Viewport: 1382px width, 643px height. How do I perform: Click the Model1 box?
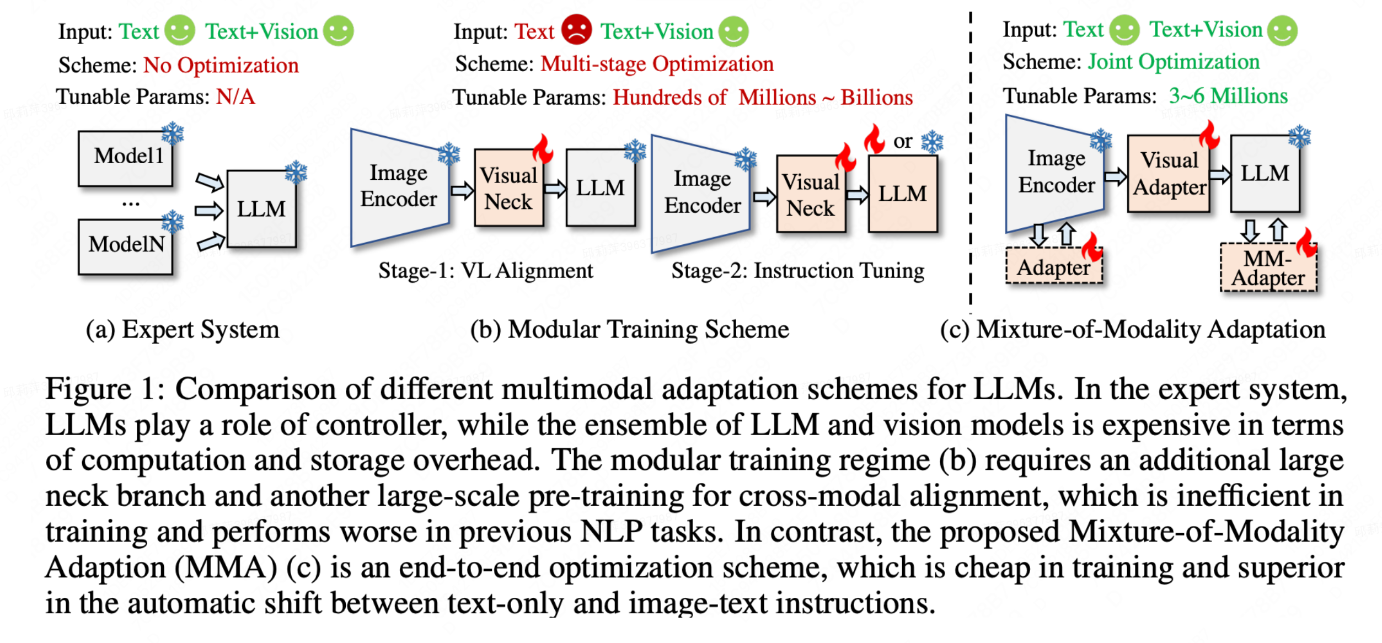click(126, 158)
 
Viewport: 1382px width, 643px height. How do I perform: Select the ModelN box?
click(126, 246)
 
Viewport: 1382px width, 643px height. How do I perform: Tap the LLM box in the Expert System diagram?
click(261, 209)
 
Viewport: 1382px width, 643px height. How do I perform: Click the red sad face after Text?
click(576, 30)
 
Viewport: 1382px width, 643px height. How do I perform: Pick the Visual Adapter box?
click(1169, 174)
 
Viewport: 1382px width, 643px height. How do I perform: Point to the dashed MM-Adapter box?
click(1268, 268)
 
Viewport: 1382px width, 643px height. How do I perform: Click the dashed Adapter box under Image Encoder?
click(1053, 267)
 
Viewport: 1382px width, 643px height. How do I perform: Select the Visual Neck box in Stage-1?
click(508, 188)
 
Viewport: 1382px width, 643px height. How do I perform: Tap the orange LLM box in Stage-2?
click(902, 194)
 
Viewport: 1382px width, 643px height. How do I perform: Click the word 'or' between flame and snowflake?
click(903, 142)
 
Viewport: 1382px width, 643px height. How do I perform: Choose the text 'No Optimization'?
click(221, 65)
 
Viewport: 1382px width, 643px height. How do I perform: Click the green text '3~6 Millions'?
click(1228, 96)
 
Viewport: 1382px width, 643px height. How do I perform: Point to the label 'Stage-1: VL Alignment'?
click(485, 271)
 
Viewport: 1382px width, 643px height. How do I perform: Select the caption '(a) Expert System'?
click(183, 330)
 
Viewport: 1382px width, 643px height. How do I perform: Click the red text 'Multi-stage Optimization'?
click(657, 64)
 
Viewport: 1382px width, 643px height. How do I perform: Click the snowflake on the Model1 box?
click(173, 133)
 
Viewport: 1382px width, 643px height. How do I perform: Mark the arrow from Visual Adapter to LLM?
click(1220, 175)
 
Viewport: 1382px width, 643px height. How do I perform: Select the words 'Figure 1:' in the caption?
click(105, 389)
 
